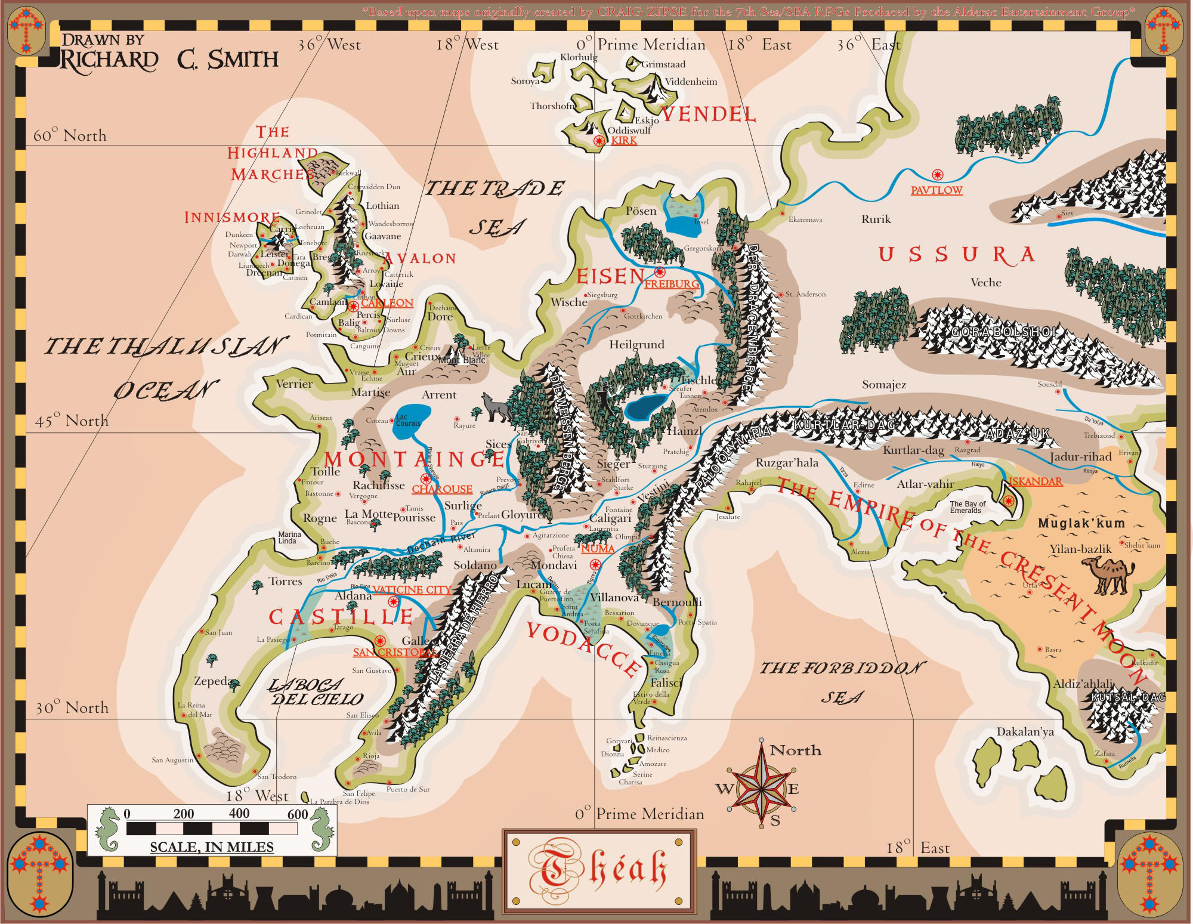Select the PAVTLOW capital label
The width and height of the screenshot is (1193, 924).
pyautogui.click(x=936, y=190)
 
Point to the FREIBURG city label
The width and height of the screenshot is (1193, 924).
pyautogui.click(x=672, y=284)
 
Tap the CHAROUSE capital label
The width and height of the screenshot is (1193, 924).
pyautogui.click(x=442, y=489)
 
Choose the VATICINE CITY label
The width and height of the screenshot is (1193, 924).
pyautogui.click(x=412, y=589)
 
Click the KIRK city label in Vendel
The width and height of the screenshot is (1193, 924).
pyautogui.click(x=624, y=140)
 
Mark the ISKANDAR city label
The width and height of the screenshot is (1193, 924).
pyautogui.click(x=1036, y=481)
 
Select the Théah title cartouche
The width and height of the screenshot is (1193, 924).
pyautogui.click(x=598, y=871)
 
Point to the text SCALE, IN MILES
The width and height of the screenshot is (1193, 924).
pyautogui.click(x=212, y=847)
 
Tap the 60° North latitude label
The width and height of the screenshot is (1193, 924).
pyautogui.click(x=70, y=135)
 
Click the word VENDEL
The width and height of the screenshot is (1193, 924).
pyautogui.click(x=709, y=114)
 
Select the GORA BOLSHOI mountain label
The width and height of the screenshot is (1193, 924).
pyautogui.click(x=1003, y=332)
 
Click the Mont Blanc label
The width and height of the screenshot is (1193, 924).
pyautogui.click(x=462, y=360)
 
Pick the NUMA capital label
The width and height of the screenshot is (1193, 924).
pyautogui.click(x=598, y=548)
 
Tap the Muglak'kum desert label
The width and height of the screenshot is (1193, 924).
pyautogui.click(x=1081, y=523)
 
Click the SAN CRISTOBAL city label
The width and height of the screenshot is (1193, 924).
pyautogui.click(x=395, y=652)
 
